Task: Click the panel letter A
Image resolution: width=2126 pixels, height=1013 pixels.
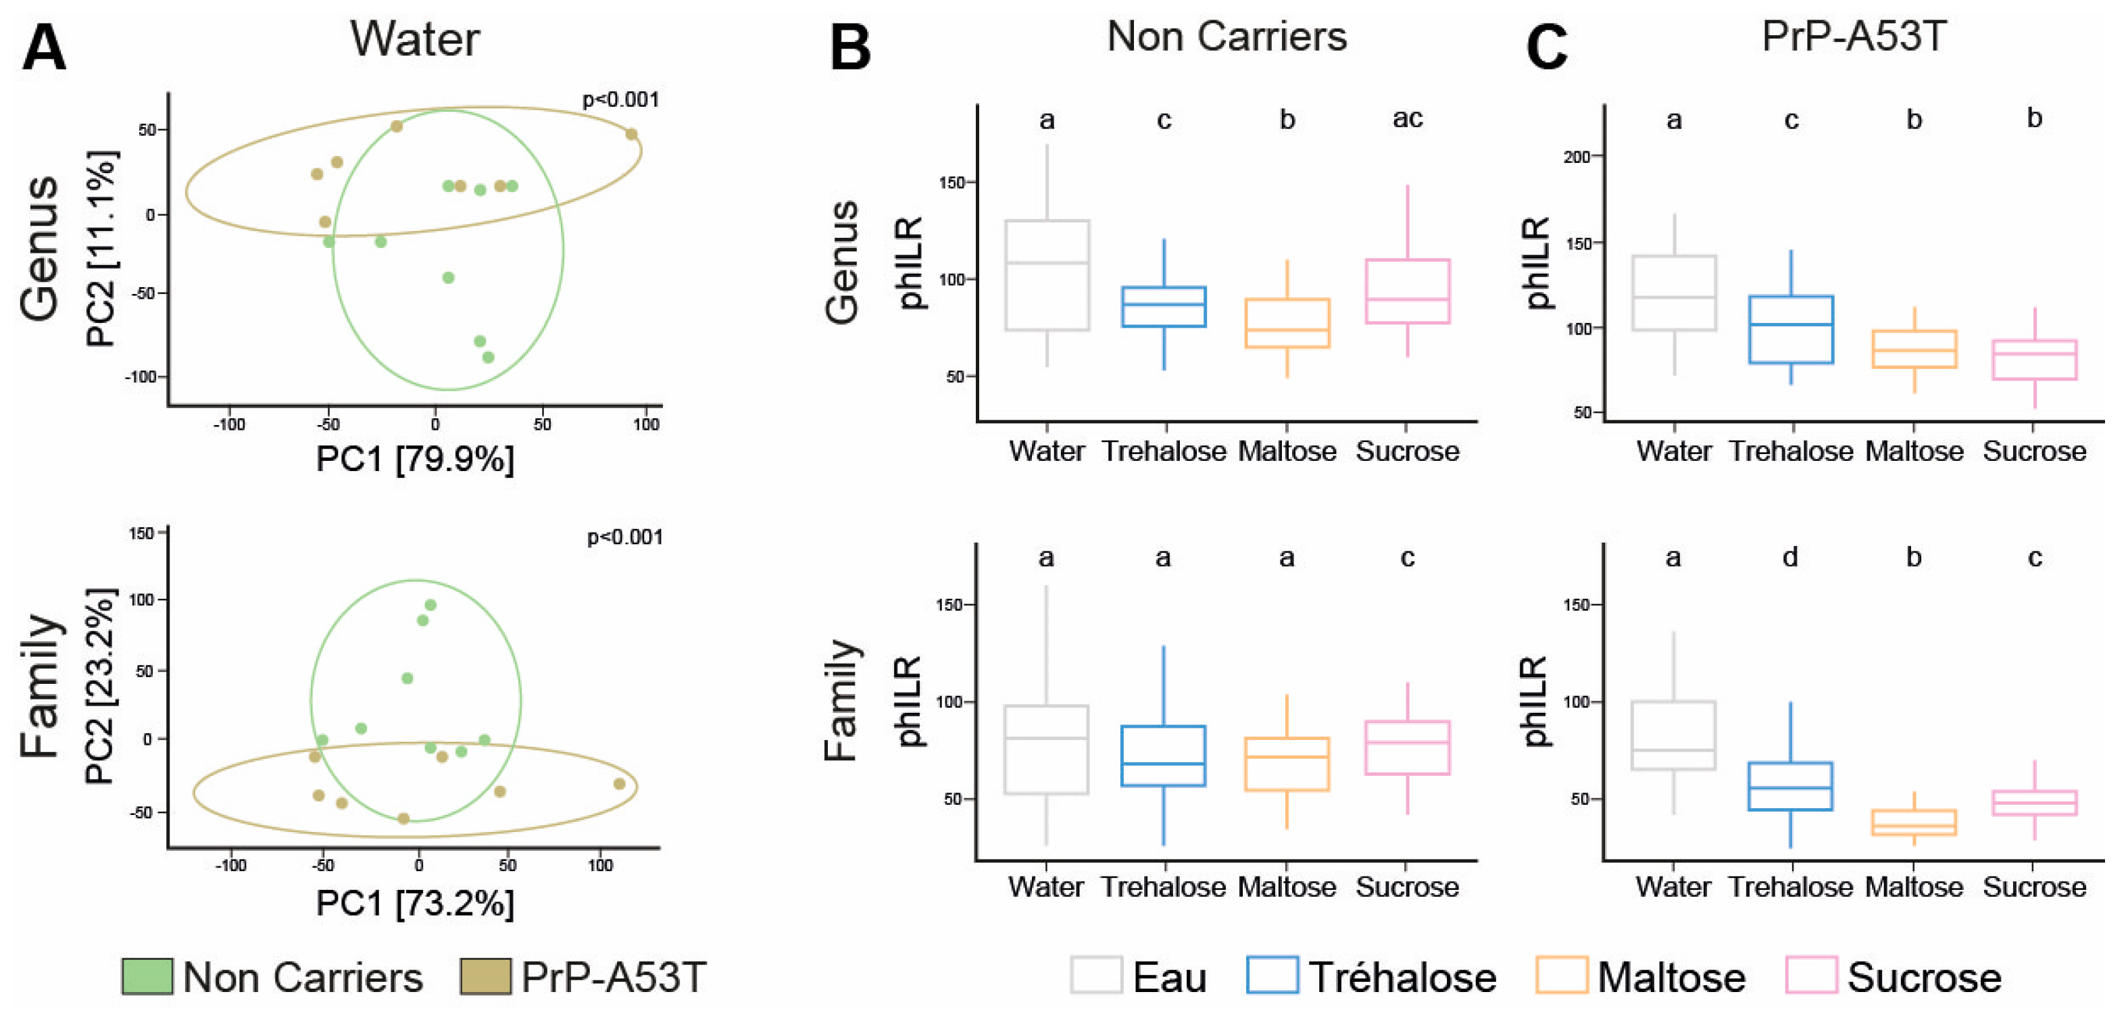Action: tap(44, 48)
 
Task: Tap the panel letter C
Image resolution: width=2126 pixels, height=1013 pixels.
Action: tap(1546, 48)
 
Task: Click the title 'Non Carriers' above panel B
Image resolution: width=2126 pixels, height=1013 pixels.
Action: tap(1227, 37)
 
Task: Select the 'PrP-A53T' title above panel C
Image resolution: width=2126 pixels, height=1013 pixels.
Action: tap(1854, 37)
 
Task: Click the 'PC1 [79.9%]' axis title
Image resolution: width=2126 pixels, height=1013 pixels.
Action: tap(414, 459)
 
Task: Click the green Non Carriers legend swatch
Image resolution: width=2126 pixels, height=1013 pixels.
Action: tap(147, 977)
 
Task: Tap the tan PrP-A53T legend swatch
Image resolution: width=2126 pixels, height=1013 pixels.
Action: tap(485, 977)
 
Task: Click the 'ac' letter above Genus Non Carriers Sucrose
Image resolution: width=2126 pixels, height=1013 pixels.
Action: tap(1407, 119)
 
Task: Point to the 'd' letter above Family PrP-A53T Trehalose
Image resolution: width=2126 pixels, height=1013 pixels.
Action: tap(1790, 558)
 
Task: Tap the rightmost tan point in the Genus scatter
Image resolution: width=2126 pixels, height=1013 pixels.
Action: tap(631, 134)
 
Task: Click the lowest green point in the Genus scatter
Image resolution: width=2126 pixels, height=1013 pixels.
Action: tap(488, 357)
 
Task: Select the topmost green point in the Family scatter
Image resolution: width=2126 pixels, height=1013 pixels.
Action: tap(430, 605)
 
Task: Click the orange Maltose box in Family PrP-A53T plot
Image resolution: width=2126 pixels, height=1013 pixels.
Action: tap(1914, 823)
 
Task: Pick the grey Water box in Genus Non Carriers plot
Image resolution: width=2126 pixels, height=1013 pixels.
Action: tap(1047, 276)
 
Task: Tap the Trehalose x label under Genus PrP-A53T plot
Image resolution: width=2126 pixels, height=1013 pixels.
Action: tap(1791, 451)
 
